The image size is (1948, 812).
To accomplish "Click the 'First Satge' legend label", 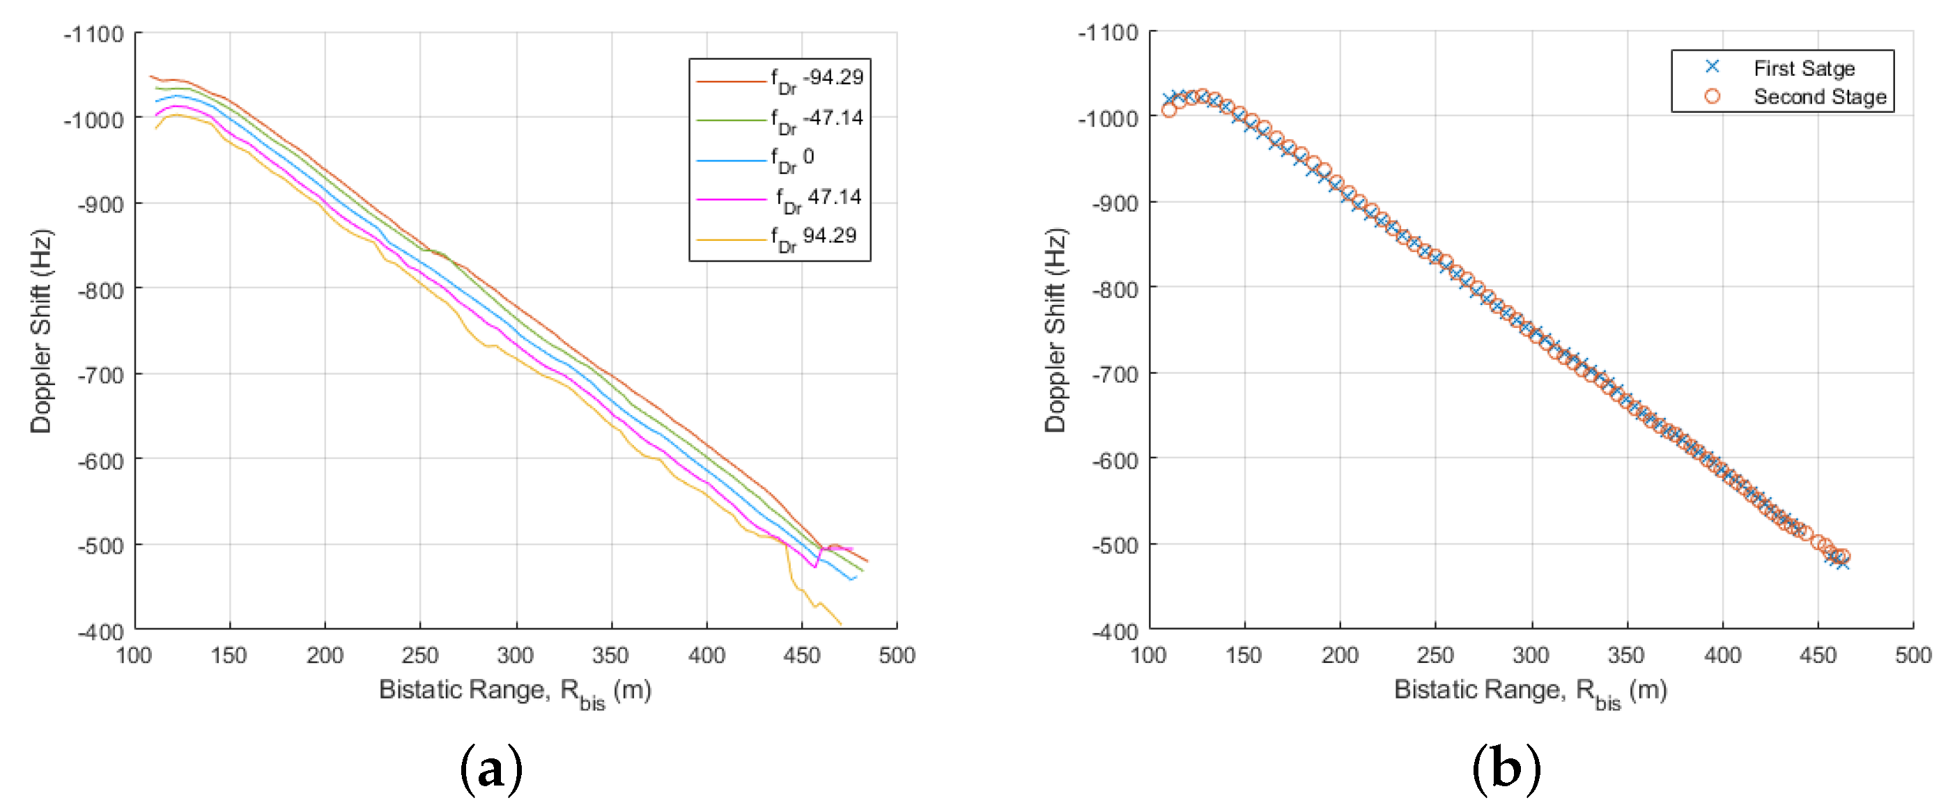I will point(1804,68).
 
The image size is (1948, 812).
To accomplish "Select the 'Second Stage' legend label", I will point(1819,97).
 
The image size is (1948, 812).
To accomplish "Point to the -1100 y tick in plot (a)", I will point(94,34).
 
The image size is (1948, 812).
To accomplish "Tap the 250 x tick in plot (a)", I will point(419,655).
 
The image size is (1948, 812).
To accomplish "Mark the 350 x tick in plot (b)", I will point(1626,655).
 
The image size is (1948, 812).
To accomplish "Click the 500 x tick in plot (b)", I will point(1912,655).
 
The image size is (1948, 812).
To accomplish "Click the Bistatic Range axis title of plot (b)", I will point(1530,689).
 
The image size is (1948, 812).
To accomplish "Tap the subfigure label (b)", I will point(1506,770).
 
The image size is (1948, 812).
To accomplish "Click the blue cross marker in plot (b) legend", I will point(1712,67).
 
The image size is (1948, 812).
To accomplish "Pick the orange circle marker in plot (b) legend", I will point(1712,96).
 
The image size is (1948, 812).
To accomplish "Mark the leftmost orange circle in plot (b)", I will point(1169,109).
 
